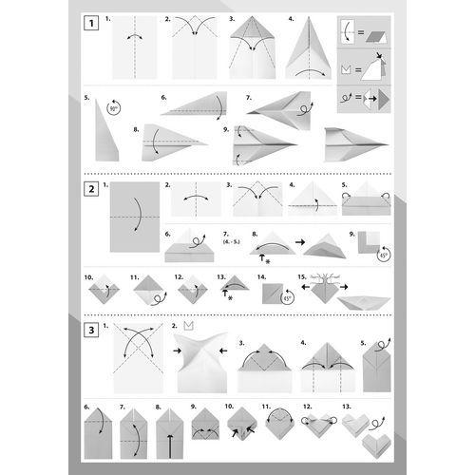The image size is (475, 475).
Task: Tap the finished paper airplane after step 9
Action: [x=352, y=143]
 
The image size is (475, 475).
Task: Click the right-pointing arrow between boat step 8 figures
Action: [x=300, y=243]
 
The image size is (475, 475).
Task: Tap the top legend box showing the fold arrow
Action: [x=358, y=35]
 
